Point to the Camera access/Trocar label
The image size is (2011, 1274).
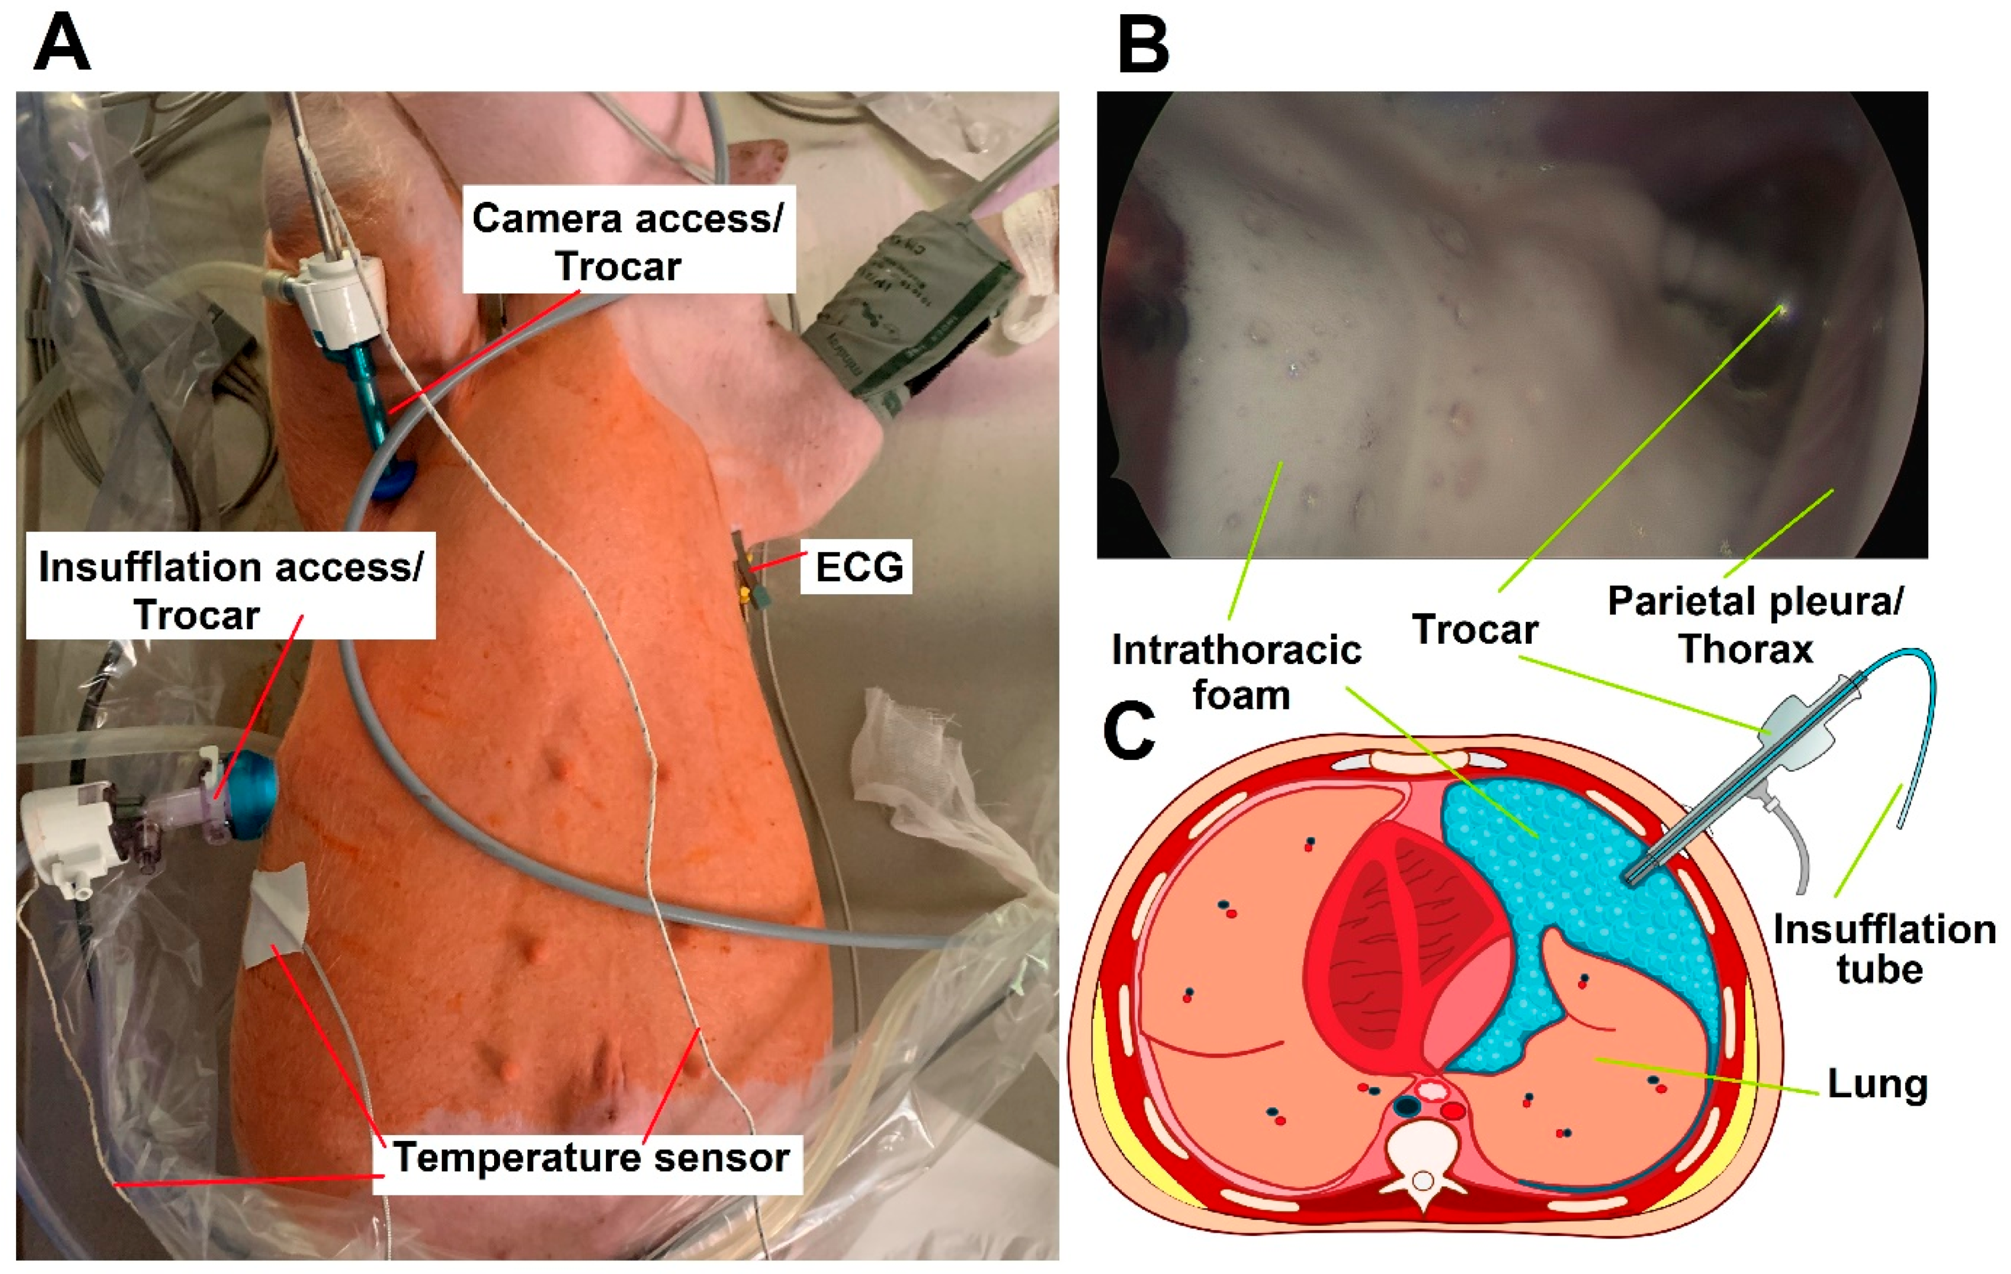(627, 241)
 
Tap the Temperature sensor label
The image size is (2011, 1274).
(590, 1158)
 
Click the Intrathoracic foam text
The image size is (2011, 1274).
(1236, 673)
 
